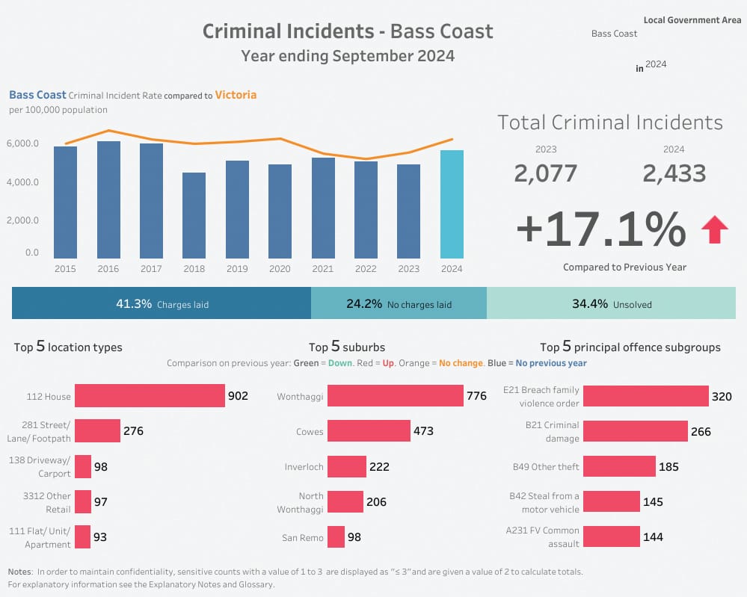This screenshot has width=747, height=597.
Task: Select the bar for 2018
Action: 194,216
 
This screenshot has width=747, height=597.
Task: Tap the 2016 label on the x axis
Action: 108,269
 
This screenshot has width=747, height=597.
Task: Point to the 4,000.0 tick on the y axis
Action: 23,182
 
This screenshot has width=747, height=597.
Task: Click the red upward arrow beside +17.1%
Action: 714,229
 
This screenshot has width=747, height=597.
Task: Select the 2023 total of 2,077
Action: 546,173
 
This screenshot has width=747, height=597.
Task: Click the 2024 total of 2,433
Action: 674,173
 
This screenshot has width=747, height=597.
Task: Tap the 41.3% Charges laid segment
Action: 162,304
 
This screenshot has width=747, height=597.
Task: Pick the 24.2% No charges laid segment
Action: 399,304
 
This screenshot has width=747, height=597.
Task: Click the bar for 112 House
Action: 150,396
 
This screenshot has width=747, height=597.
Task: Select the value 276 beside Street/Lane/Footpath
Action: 133,431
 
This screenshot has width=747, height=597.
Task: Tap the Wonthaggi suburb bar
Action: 396,396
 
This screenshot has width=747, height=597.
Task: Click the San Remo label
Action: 302,538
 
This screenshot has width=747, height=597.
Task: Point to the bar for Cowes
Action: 369,431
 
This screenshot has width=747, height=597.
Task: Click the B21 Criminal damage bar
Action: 635,431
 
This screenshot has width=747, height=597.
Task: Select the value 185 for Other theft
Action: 668,467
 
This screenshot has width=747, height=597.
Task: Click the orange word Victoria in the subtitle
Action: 236,95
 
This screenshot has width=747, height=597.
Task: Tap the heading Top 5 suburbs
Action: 347,347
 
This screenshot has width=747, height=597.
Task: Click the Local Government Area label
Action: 692,20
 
